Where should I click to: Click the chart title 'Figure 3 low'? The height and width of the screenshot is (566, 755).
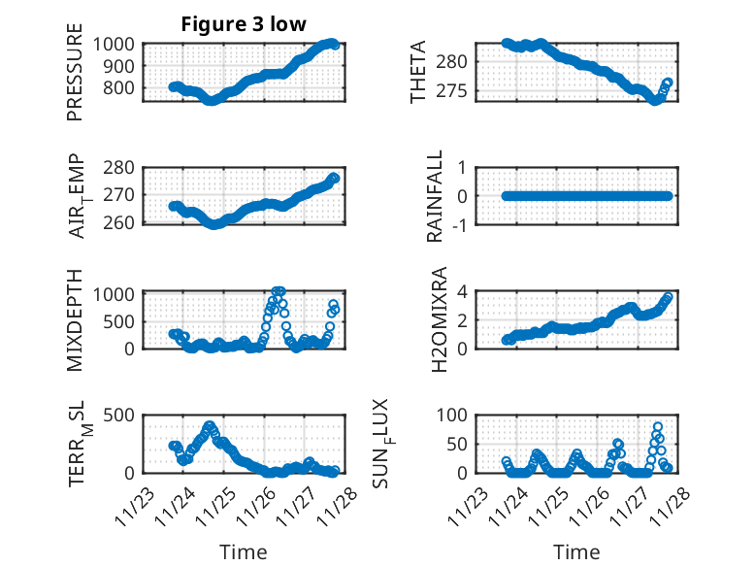click(x=244, y=25)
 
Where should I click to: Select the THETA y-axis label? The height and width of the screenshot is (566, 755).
click(x=418, y=72)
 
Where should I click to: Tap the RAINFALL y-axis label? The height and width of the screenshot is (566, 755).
click(x=436, y=195)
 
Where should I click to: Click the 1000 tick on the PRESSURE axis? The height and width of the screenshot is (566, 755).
click(x=118, y=44)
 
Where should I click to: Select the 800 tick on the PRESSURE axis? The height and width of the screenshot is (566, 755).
click(x=123, y=88)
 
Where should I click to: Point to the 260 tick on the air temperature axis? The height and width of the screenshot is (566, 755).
click(x=123, y=223)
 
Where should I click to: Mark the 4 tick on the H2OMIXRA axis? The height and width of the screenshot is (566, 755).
click(x=464, y=291)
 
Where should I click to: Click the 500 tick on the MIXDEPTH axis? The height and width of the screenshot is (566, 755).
click(x=123, y=319)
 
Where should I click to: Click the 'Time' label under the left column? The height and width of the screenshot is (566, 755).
click(x=244, y=552)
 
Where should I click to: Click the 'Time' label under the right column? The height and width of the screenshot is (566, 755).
click(x=577, y=552)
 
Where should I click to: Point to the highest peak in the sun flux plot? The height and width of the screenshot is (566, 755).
click(x=657, y=427)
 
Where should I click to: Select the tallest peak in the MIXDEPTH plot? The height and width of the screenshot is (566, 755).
click(x=279, y=291)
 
